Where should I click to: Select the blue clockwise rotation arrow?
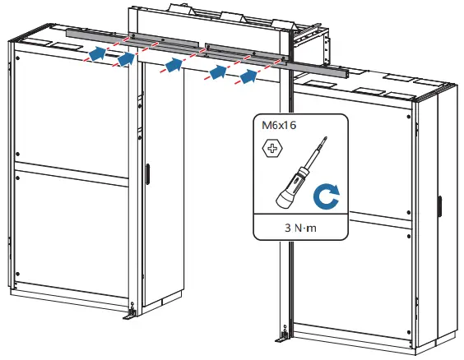click(327, 197)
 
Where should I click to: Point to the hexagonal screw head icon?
click(268, 149)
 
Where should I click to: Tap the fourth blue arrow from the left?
click(217, 72)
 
